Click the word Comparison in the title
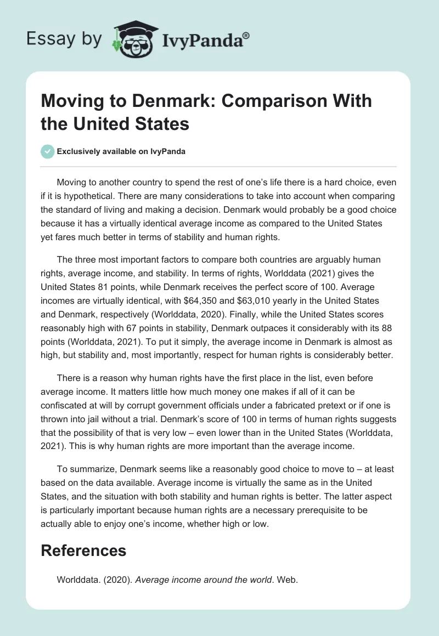pyautogui.click(x=260, y=101)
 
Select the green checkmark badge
pyautogui.click(x=48, y=151)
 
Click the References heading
pyautogui.click(x=83, y=550)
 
